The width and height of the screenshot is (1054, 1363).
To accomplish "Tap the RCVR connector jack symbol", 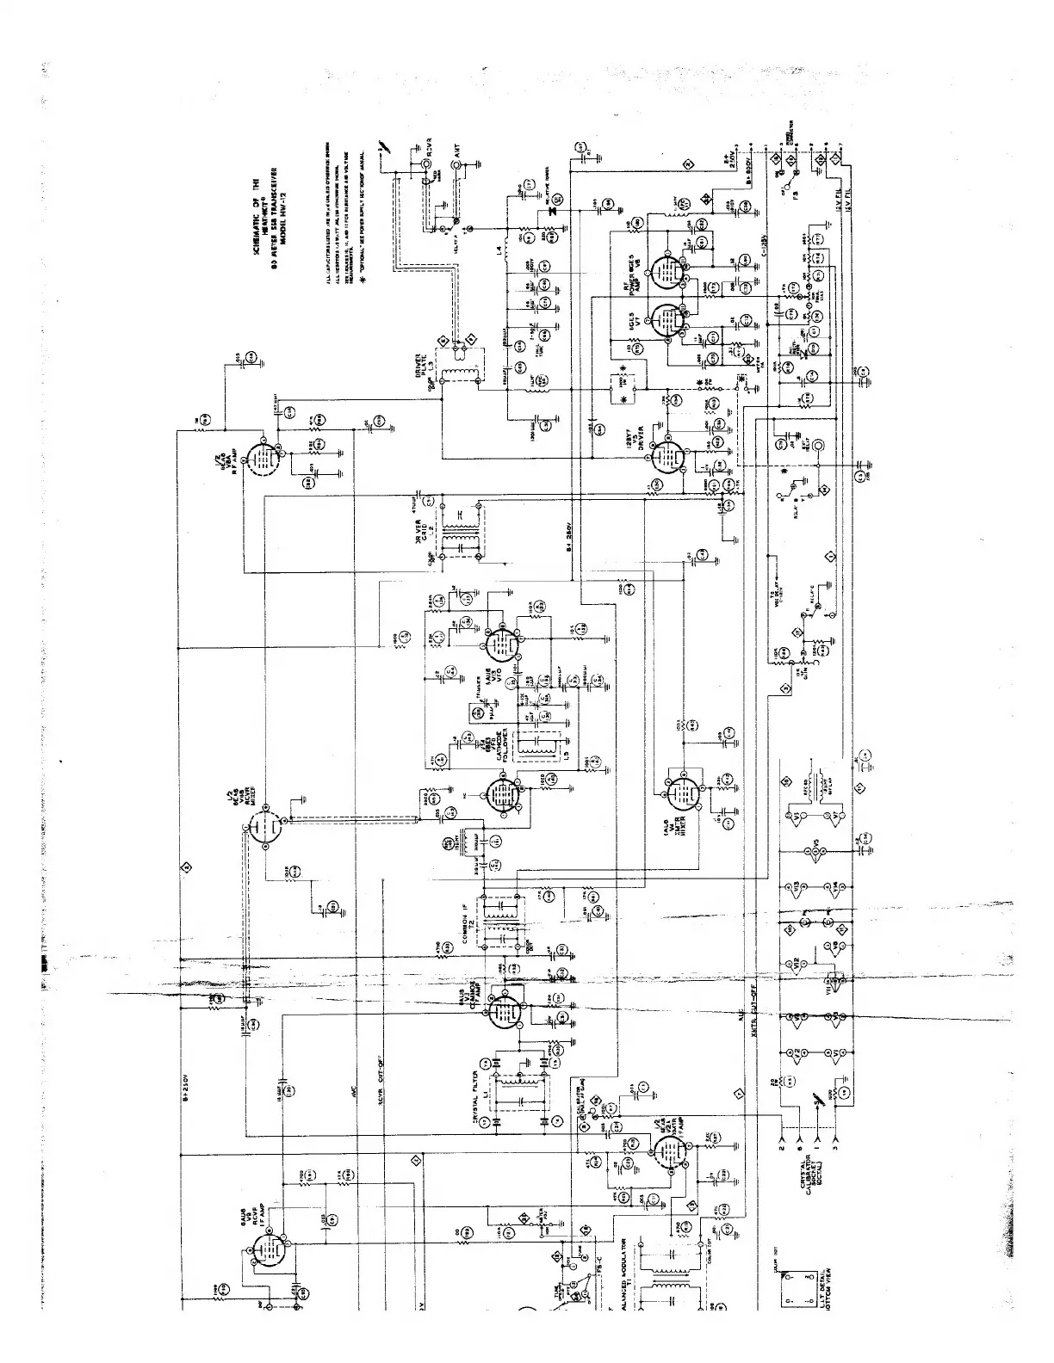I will pos(428,161).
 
